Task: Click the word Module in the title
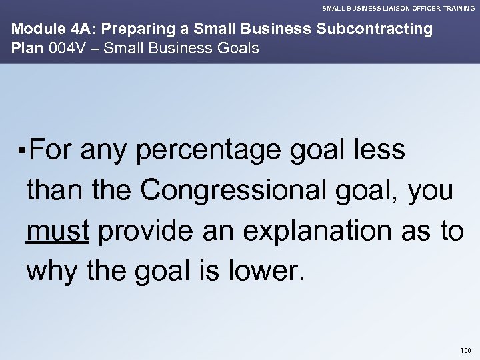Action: (x=31, y=30)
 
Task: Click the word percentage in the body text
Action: (x=211, y=151)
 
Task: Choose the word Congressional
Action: (x=240, y=191)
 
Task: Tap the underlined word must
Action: (x=58, y=231)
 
